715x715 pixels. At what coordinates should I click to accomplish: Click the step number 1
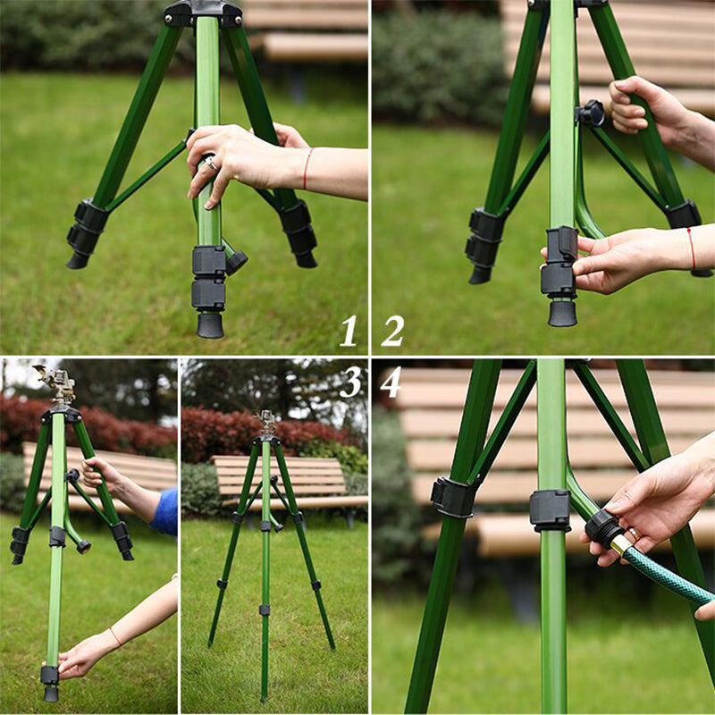pyautogui.click(x=349, y=331)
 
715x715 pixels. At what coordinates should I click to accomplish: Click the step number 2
pyautogui.click(x=392, y=331)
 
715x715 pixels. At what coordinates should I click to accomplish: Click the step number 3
pyautogui.click(x=349, y=382)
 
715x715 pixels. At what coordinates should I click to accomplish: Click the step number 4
pyautogui.click(x=391, y=382)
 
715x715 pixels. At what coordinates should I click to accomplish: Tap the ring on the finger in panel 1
pyautogui.click(x=212, y=164)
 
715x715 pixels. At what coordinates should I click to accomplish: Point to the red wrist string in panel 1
pyautogui.click(x=307, y=169)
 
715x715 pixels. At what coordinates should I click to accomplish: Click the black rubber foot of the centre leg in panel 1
pyautogui.click(x=210, y=324)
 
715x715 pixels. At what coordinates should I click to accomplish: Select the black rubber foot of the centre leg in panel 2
pyautogui.click(x=562, y=313)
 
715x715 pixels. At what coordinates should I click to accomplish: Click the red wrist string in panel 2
pyautogui.click(x=691, y=248)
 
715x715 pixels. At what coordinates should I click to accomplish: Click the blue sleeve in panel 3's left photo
pyautogui.click(x=165, y=511)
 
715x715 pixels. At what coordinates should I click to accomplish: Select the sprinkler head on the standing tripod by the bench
pyautogui.click(x=265, y=421)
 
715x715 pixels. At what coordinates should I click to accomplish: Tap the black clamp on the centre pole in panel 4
pyautogui.click(x=550, y=509)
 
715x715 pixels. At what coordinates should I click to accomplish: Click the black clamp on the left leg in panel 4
pyautogui.click(x=453, y=497)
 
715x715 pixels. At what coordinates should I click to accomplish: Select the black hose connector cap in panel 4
pyautogui.click(x=603, y=528)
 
